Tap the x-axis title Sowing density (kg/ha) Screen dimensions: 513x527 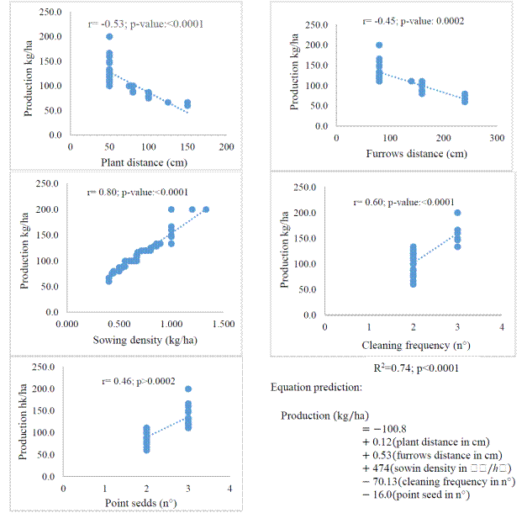pos(135,340)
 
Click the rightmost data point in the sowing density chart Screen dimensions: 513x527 pos(206,209)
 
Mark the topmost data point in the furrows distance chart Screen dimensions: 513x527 pos(379,45)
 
